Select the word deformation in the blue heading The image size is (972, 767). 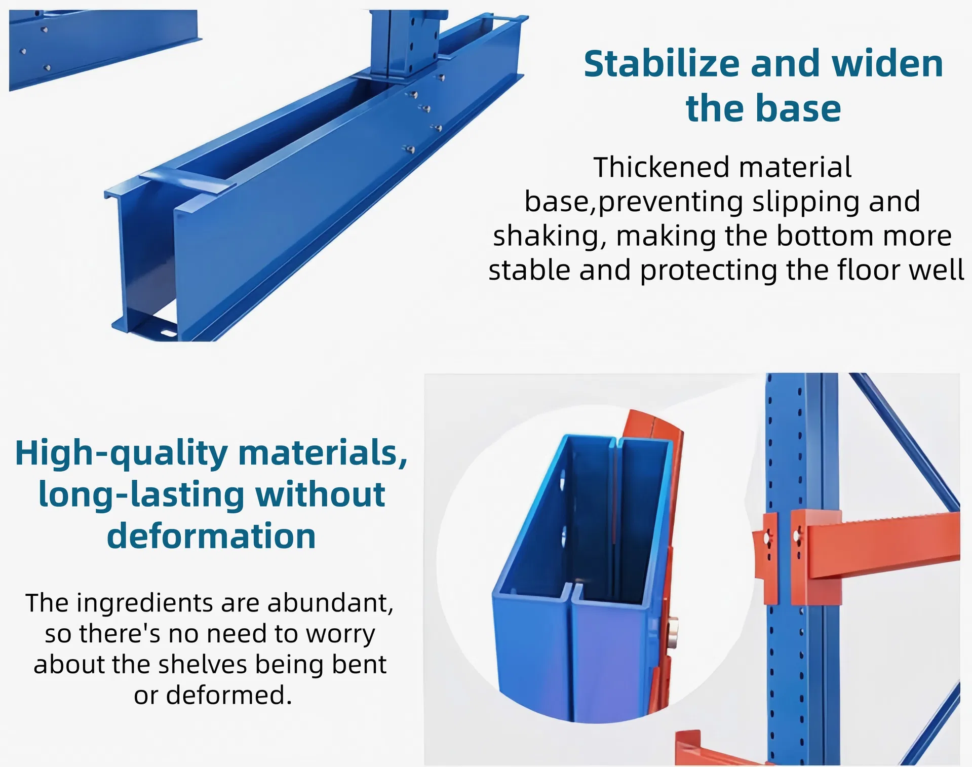(x=211, y=536)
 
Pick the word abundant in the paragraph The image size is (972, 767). (x=330, y=603)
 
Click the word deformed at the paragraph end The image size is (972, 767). (x=228, y=695)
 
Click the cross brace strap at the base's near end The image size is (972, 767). (x=187, y=181)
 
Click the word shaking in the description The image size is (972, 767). (x=550, y=236)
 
